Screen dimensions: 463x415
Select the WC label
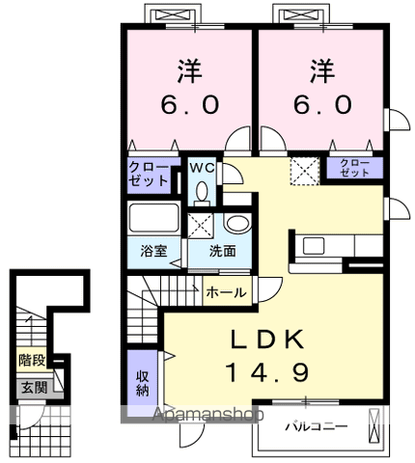202,168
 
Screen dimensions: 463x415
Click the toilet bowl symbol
201,190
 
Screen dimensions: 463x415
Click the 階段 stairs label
30,360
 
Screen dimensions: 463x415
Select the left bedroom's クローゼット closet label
149,173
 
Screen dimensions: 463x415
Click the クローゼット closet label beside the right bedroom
354,168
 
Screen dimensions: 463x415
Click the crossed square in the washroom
202,225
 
